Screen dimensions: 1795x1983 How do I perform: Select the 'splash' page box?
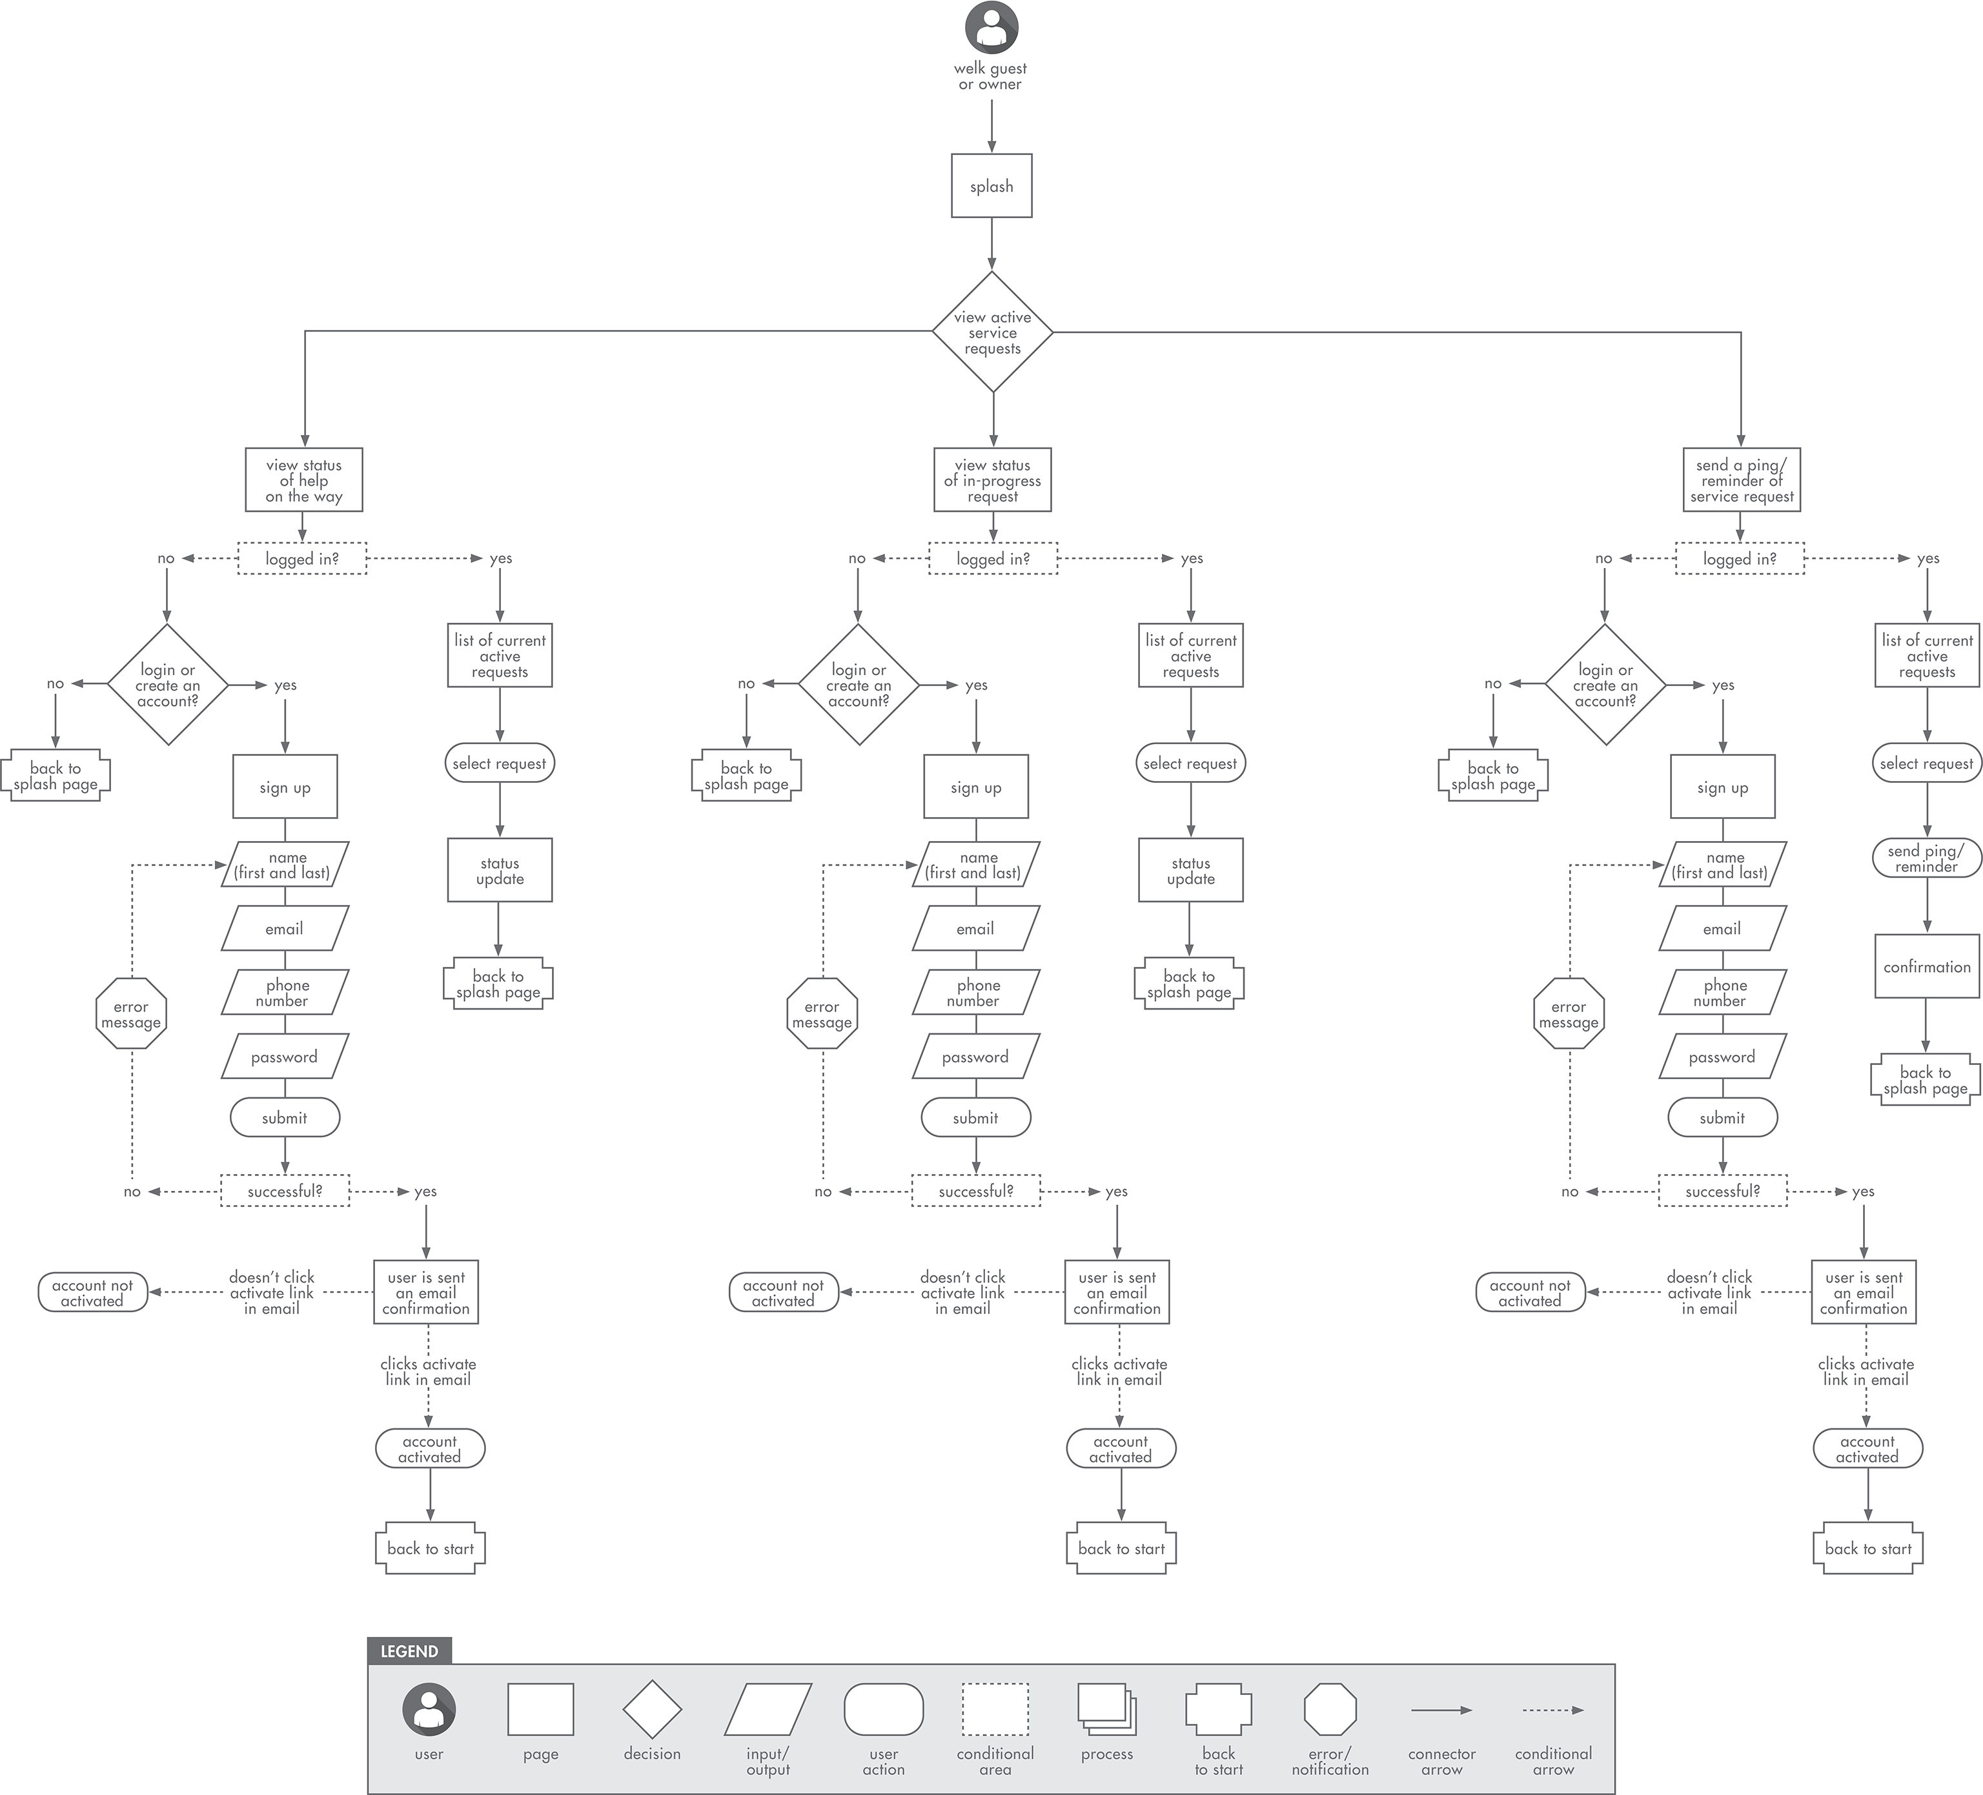(991, 186)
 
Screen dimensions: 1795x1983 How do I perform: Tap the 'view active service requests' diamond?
(993, 332)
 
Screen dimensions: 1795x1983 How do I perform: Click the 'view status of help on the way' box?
(304, 480)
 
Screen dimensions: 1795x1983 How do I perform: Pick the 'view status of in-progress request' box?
(993, 480)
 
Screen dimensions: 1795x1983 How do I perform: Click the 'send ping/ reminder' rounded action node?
(1926, 858)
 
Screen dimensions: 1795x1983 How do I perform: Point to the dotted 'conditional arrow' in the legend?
(1552, 1710)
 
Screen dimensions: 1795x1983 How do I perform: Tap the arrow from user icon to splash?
(991, 126)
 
